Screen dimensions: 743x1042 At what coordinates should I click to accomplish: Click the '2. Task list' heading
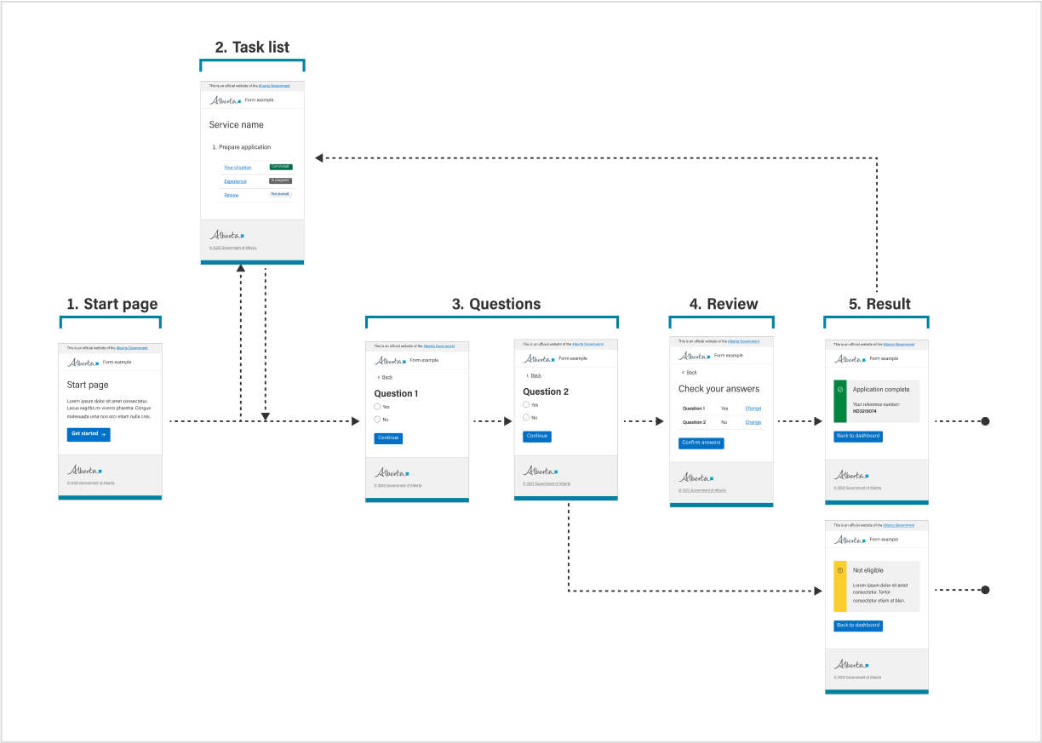[x=252, y=47]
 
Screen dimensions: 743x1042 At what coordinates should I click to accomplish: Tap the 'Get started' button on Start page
[x=89, y=434]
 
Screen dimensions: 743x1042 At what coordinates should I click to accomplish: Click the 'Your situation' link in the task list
[x=238, y=168]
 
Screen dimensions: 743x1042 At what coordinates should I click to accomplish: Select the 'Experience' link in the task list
[x=235, y=181]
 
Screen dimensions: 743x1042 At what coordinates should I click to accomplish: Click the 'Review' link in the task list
[x=232, y=195]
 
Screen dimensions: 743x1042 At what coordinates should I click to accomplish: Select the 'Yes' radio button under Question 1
[x=378, y=407]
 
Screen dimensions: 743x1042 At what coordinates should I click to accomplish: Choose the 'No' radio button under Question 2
[x=526, y=417]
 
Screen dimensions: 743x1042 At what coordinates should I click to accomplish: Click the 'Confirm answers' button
[x=701, y=443]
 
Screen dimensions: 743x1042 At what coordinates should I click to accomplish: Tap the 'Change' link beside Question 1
[x=753, y=409]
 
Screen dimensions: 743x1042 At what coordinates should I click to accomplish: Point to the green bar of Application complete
[x=839, y=401]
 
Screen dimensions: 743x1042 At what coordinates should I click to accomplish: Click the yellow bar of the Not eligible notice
[x=839, y=586]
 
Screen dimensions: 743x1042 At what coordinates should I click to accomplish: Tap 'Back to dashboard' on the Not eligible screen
[x=857, y=626]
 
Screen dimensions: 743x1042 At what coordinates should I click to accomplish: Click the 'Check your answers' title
[x=719, y=389]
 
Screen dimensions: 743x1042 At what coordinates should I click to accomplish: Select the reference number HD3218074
[x=864, y=411]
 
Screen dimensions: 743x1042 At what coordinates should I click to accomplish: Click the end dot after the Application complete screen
[x=985, y=421]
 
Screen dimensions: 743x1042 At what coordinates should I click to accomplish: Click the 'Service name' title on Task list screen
[x=237, y=125]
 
